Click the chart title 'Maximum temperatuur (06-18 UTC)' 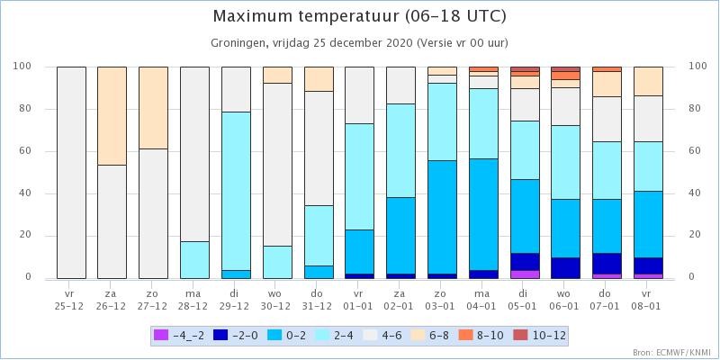359,17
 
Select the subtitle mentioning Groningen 359,43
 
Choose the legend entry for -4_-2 178,336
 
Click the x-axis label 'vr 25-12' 71,300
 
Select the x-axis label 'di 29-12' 236,300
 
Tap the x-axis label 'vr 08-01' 648,300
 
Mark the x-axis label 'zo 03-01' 442,300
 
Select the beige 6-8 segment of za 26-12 112,116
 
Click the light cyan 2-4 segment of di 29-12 236,191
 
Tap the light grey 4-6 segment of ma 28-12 194,154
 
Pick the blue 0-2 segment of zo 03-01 442,217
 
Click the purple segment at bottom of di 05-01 525,274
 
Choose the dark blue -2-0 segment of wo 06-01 566,267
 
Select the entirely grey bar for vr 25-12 71,173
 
